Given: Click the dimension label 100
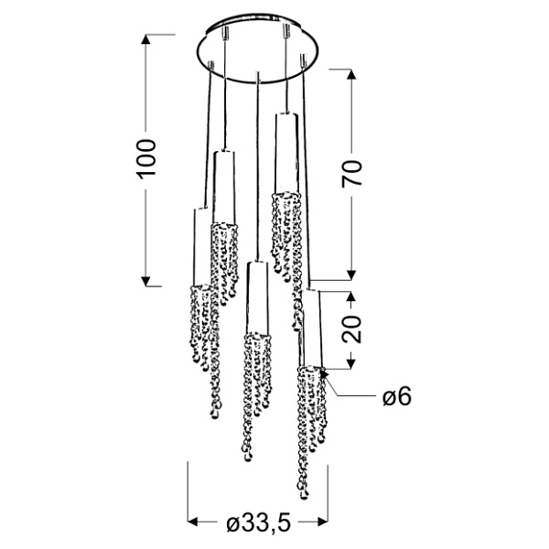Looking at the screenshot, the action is click(x=146, y=159).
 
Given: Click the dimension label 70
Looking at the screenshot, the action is click(x=352, y=174).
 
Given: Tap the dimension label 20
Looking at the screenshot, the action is click(x=351, y=329).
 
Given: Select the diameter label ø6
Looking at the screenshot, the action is click(x=397, y=397).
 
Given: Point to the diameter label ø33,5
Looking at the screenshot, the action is click(x=259, y=523).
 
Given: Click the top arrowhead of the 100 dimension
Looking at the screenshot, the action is click(x=145, y=38).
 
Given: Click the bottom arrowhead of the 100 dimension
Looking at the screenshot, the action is click(x=145, y=282).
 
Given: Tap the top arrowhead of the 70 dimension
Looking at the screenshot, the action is click(x=351, y=74).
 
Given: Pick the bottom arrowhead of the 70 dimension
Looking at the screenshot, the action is click(x=351, y=275).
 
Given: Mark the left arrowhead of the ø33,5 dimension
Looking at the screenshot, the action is click(x=193, y=522).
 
